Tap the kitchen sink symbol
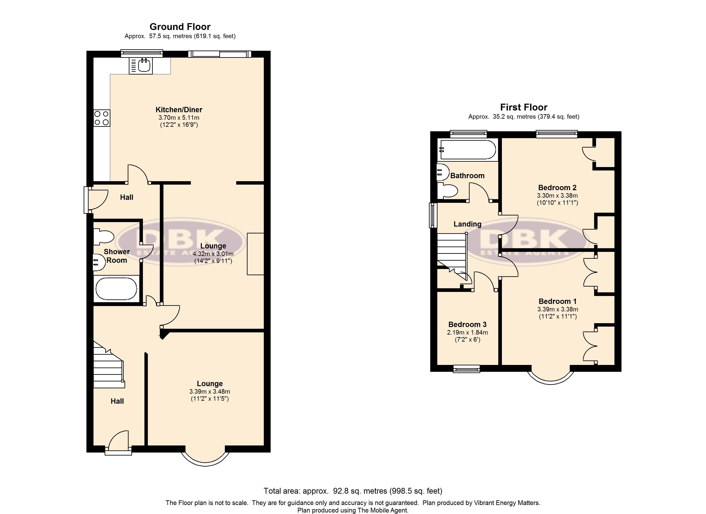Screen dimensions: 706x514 coord(141,66)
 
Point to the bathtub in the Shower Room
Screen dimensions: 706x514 coord(116,289)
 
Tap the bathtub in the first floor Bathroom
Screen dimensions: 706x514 coord(467,150)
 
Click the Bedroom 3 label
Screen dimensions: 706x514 coord(467,324)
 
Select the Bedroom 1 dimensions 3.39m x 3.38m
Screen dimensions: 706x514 coord(558,309)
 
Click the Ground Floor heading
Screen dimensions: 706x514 coord(180,27)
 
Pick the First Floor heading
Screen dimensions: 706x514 coord(524,108)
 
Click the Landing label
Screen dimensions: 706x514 coord(467,224)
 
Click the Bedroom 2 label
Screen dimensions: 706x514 coord(557,188)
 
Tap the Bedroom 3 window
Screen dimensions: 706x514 coord(466,369)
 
